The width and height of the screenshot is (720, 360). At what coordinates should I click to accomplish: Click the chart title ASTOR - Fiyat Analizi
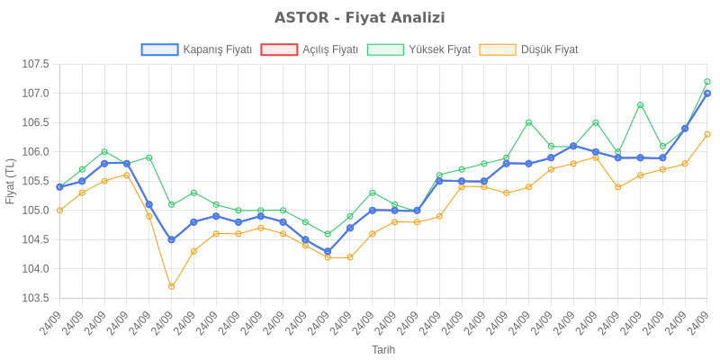(x=360, y=18)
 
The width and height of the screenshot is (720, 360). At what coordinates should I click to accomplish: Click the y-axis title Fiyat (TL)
(x=10, y=181)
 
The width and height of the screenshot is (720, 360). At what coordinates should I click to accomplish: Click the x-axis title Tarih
(x=383, y=349)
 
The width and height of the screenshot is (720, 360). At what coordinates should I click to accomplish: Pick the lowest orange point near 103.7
(x=171, y=286)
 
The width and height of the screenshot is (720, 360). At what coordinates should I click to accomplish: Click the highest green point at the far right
(x=707, y=82)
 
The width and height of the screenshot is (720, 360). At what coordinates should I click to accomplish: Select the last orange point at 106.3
(x=707, y=134)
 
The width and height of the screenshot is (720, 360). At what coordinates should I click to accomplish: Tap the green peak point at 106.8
(x=640, y=105)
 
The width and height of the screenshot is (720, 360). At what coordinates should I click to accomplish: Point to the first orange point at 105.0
(x=59, y=211)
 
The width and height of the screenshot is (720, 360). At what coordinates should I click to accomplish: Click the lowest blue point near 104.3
(x=328, y=251)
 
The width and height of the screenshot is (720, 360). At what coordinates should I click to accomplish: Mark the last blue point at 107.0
(x=707, y=94)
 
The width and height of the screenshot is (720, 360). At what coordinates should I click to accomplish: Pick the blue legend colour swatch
(x=159, y=49)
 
